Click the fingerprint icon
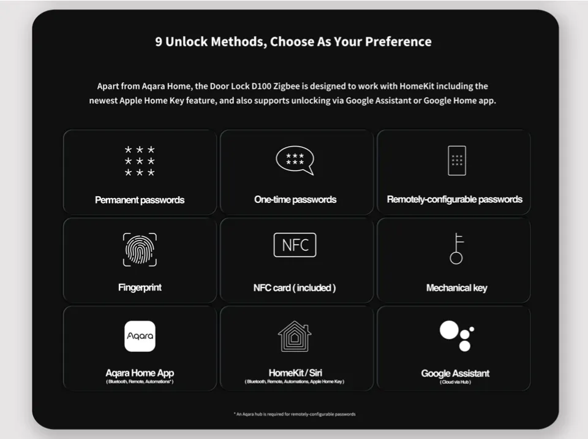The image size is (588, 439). tap(140, 250)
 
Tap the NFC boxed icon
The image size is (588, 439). tap(295, 245)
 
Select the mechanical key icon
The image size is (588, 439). tap(456, 248)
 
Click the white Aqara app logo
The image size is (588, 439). tap(140, 336)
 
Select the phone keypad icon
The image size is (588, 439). tap(457, 161)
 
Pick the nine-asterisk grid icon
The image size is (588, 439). tap(140, 161)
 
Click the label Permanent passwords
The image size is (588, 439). tap(140, 200)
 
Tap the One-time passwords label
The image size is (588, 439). tap(295, 199)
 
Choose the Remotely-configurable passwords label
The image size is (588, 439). tap(454, 199)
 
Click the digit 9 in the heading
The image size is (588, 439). tap(159, 42)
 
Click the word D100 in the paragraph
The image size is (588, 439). tap(262, 86)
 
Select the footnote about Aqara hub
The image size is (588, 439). tap(295, 414)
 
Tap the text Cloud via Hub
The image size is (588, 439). tap(455, 382)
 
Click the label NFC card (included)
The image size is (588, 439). tap(295, 288)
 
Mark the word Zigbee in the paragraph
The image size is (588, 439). tap(287, 86)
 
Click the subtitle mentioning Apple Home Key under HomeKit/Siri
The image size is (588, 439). tap(295, 381)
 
